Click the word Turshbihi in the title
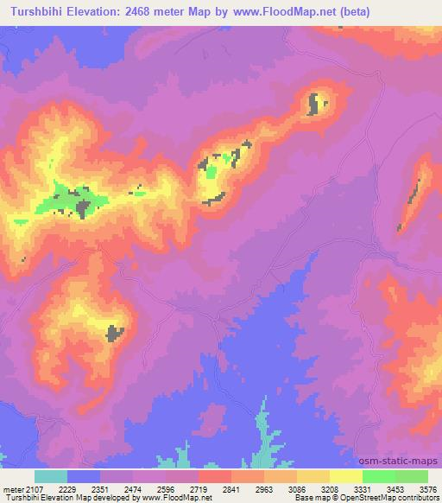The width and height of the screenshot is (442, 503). coord(42,12)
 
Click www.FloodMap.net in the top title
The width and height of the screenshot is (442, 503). coord(300,12)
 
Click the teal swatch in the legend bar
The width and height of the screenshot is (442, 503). coord(51,476)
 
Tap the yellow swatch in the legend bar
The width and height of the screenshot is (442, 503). coord(346,476)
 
